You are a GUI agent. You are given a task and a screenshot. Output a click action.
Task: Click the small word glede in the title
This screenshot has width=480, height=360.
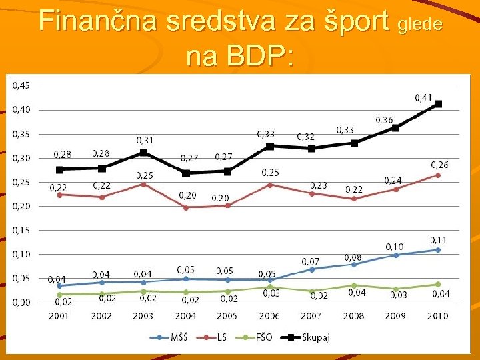pyautogui.click(x=419, y=24)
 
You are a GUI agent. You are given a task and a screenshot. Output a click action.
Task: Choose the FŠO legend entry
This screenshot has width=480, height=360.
pyautogui.click(x=262, y=337)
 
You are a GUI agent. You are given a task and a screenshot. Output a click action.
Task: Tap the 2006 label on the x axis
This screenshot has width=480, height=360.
pyautogui.click(x=269, y=316)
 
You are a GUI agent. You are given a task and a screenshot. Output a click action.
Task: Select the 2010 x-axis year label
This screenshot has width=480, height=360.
pyautogui.click(x=437, y=316)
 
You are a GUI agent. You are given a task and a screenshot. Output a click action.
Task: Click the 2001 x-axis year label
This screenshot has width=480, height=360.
pyautogui.click(x=59, y=316)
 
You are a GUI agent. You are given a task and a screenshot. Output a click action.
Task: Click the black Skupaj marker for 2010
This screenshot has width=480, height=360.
pyautogui.click(x=438, y=104)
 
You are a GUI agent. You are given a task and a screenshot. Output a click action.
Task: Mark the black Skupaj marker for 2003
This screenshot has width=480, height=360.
pyautogui.click(x=143, y=153)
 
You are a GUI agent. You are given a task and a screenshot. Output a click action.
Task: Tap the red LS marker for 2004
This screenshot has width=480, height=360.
pyautogui.click(x=186, y=207)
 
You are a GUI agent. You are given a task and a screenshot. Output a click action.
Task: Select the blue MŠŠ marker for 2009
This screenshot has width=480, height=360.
pyautogui.click(x=395, y=255)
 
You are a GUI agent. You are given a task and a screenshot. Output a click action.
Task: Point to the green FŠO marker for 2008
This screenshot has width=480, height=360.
pyautogui.click(x=354, y=285)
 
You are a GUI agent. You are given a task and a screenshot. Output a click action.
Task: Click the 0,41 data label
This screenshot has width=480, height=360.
pyautogui.click(x=423, y=98)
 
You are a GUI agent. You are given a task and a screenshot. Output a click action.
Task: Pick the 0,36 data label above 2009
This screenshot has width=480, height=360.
pyautogui.click(x=384, y=121)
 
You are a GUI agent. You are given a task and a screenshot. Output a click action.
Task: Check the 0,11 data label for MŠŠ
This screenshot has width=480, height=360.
pyautogui.click(x=438, y=240)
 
